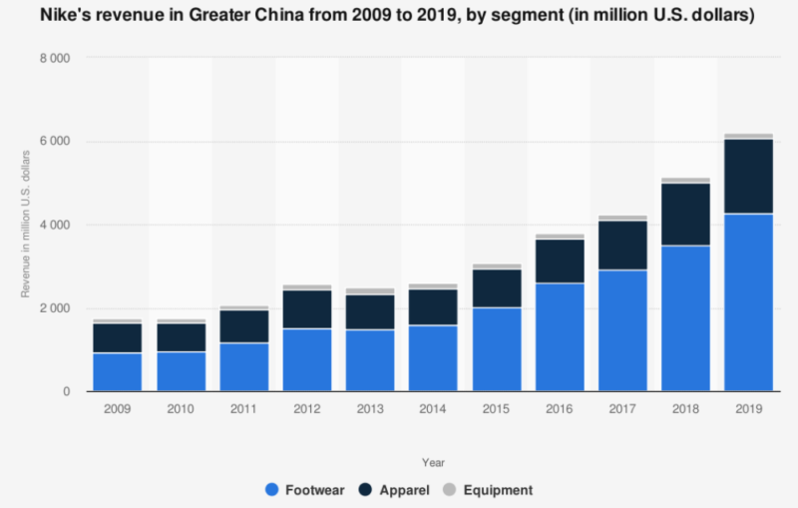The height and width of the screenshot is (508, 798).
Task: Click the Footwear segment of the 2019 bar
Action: pos(749,301)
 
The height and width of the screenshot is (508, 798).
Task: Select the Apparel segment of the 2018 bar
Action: pos(686,215)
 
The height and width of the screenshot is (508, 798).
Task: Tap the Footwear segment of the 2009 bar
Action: pos(118,371)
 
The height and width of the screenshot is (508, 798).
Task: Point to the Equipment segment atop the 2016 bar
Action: pos(560,237)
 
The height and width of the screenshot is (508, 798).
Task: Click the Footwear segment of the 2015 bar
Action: pos(497,349)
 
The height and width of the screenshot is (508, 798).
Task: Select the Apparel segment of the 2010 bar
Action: pos(181,336)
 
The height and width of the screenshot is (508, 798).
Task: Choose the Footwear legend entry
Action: pos(304,490)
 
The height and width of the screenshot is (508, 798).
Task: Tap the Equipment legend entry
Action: pos(494,490)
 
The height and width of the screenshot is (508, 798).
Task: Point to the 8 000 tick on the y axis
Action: pos(56,59)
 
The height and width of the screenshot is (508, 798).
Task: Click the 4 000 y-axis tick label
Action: pos(56,226)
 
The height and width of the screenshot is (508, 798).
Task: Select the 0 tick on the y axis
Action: pos(65,392)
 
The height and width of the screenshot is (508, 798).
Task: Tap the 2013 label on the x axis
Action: pos(370,409)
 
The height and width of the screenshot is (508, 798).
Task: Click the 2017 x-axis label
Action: pos(623,409)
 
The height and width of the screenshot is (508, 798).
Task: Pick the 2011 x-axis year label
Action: pos(244,409)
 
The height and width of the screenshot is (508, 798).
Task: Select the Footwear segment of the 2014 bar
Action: pos(434,358)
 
